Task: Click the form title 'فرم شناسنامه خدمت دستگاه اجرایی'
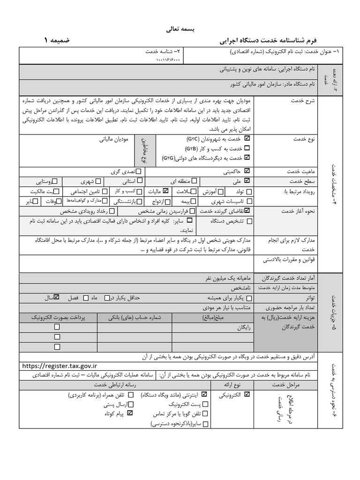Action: click(x=261, y=41)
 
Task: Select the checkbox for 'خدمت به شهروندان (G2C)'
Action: click(x=247, y=139)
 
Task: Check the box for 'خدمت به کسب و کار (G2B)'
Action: click(x=247, y=148)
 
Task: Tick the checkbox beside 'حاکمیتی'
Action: click(x=247, y=171)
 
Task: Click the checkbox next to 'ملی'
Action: click(x=247, y=180)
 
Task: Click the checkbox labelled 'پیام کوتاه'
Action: click(x=130, y=413)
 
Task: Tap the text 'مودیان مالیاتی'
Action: click(x=115, y=139)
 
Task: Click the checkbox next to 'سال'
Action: click(x=57, y=297)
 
